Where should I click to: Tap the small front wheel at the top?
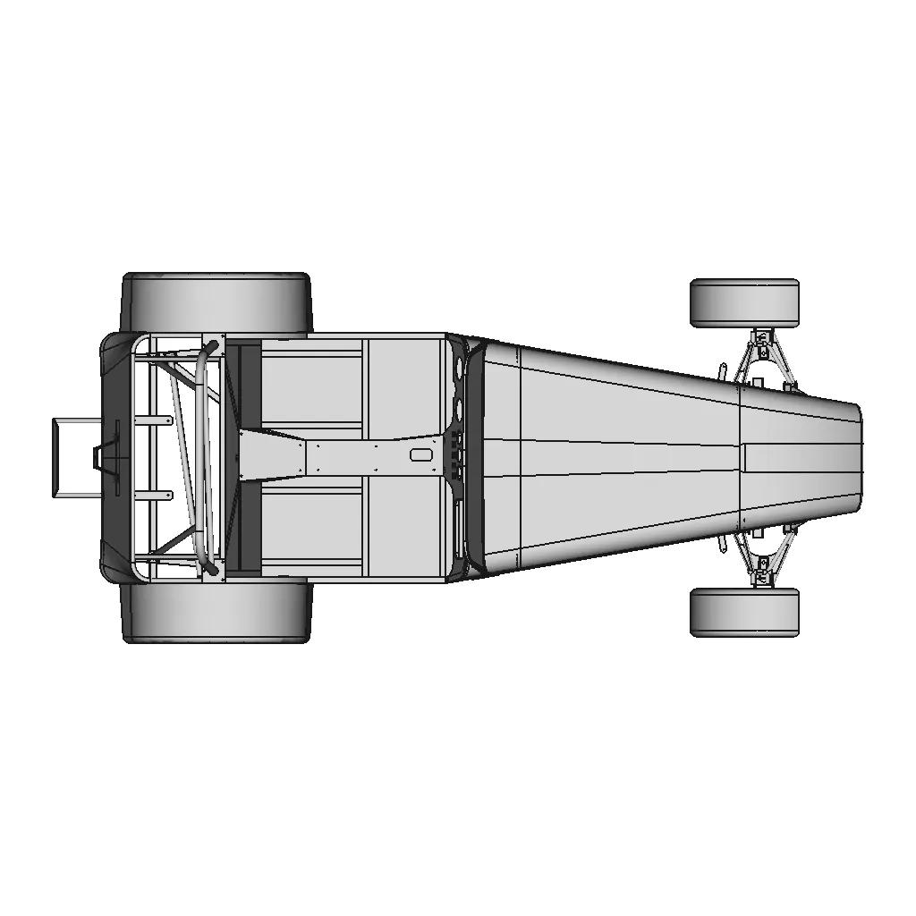(x=743, y=302)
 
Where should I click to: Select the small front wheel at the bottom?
(x=743, y=612)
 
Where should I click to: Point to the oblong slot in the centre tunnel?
(x=420, y=454)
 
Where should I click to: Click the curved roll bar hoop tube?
(x=204, y=456)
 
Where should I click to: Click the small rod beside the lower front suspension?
(x=721, y=546)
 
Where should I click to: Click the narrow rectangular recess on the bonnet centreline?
(x=744, y=458)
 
